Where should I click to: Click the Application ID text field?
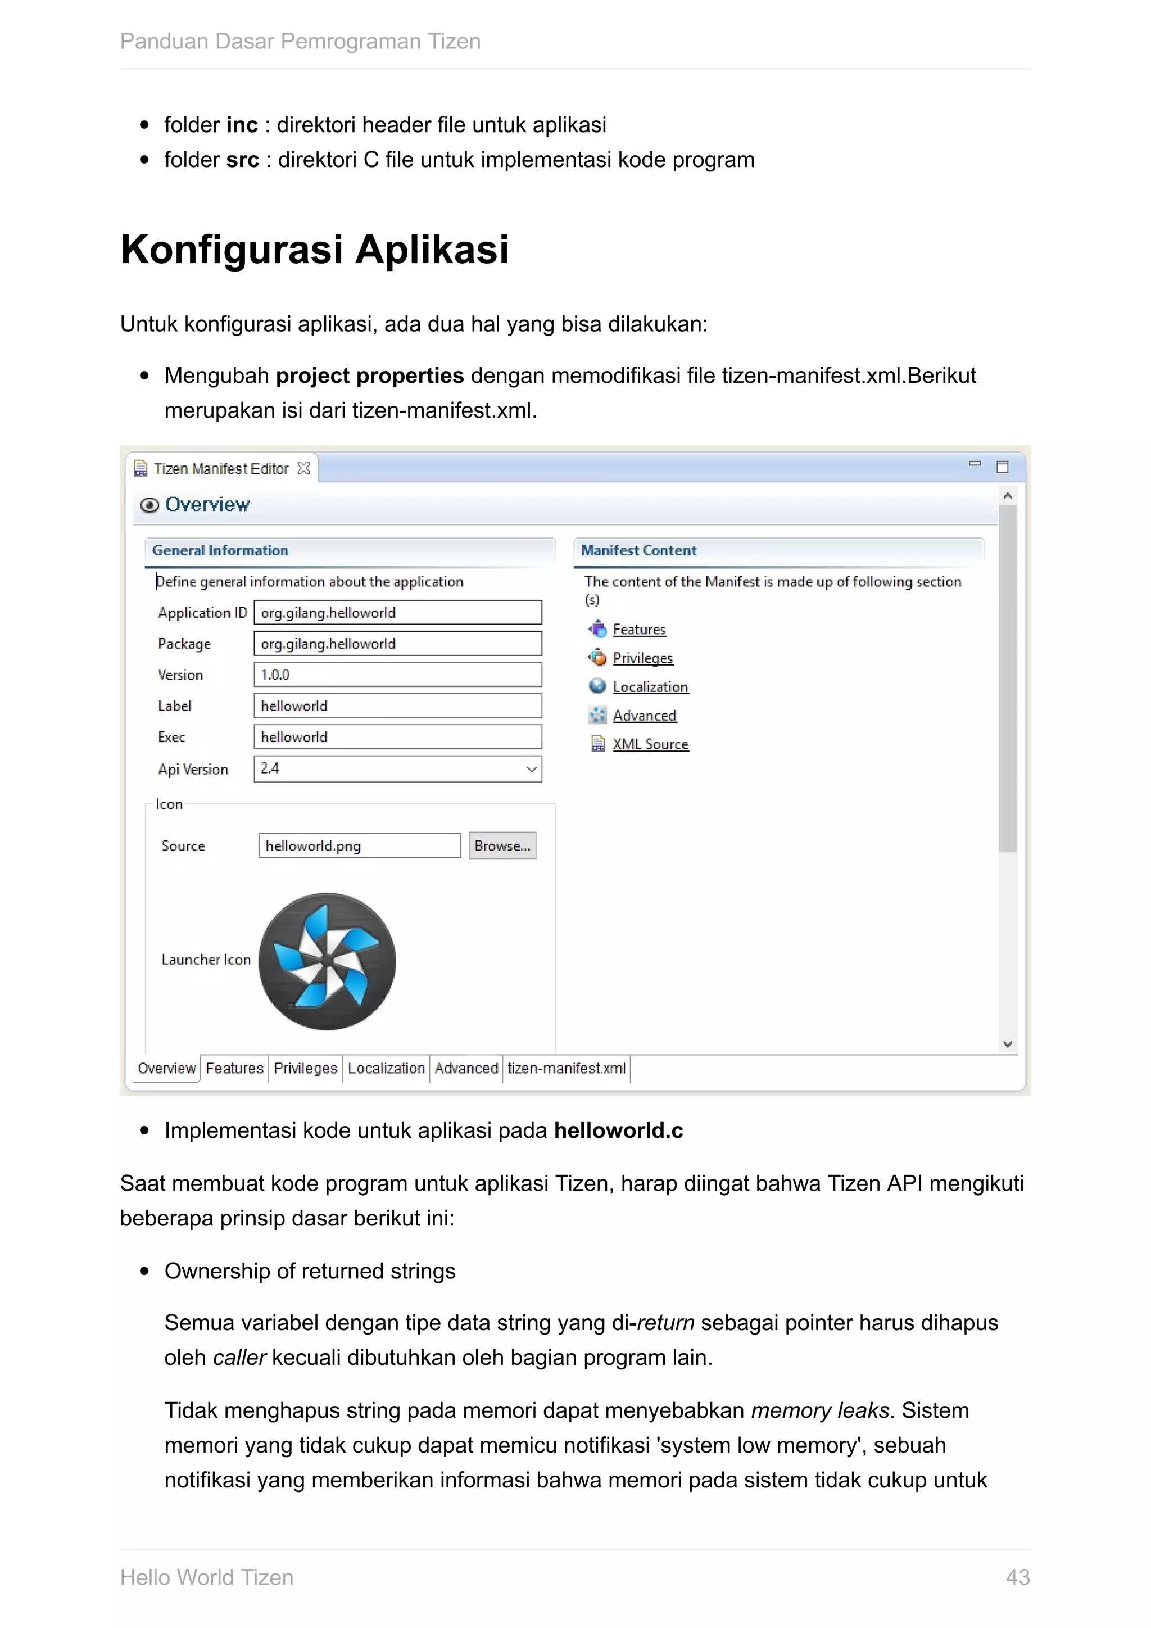[x=397, y=613]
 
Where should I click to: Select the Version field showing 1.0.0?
[x=397, y=675]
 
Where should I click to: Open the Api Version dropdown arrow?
[x=532, y=770]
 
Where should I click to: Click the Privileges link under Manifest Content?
[x=642, y=658]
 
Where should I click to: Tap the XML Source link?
[x=650, y=744]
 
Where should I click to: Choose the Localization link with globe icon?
[x=650, y=686]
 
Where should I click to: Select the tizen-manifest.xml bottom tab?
[x=567, y=1068]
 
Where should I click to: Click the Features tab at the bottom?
[x=234, y=1068]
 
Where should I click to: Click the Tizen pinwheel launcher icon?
[x=327, y=961]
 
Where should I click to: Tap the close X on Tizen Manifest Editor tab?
[x=304, y=468]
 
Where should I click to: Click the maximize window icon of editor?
[x=1002, y=467]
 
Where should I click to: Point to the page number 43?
[x=1017, y=1577]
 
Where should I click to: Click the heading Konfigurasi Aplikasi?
[x=315, y=250]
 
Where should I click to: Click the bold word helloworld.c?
[x=618, y=1130]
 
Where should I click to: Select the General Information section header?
[x=220, y=550]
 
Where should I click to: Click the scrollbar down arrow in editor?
[x=1008, y=1044]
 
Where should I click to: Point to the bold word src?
[x=242, y=160]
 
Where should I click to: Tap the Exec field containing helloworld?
[x=397, y=737]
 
